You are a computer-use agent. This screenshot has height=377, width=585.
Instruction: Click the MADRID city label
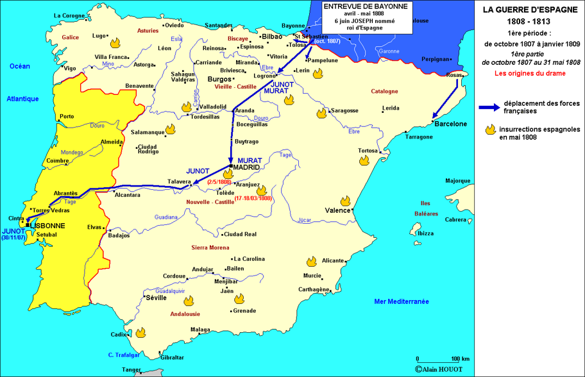[246, 167]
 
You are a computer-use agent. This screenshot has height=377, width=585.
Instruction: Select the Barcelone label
[450, 124]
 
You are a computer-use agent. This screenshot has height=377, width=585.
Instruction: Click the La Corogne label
[69, 15]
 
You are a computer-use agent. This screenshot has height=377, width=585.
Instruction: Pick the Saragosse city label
[344, 110]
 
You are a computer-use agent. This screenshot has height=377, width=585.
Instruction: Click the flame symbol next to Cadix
[140, 333]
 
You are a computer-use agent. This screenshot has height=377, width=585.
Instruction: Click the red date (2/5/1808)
[220, 183]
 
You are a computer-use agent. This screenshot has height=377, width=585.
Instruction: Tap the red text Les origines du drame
[529, 73]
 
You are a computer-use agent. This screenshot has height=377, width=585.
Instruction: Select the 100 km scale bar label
[461, 358]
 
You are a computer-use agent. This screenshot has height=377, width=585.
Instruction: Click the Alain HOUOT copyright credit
[443, 369]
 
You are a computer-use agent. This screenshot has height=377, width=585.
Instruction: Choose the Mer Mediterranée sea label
[402, 301]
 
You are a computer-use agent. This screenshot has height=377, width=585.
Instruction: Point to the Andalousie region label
[185, 314]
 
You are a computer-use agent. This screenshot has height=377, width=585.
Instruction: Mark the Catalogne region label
[385, 91]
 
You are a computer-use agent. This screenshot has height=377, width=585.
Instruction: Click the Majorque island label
[458, 180]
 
